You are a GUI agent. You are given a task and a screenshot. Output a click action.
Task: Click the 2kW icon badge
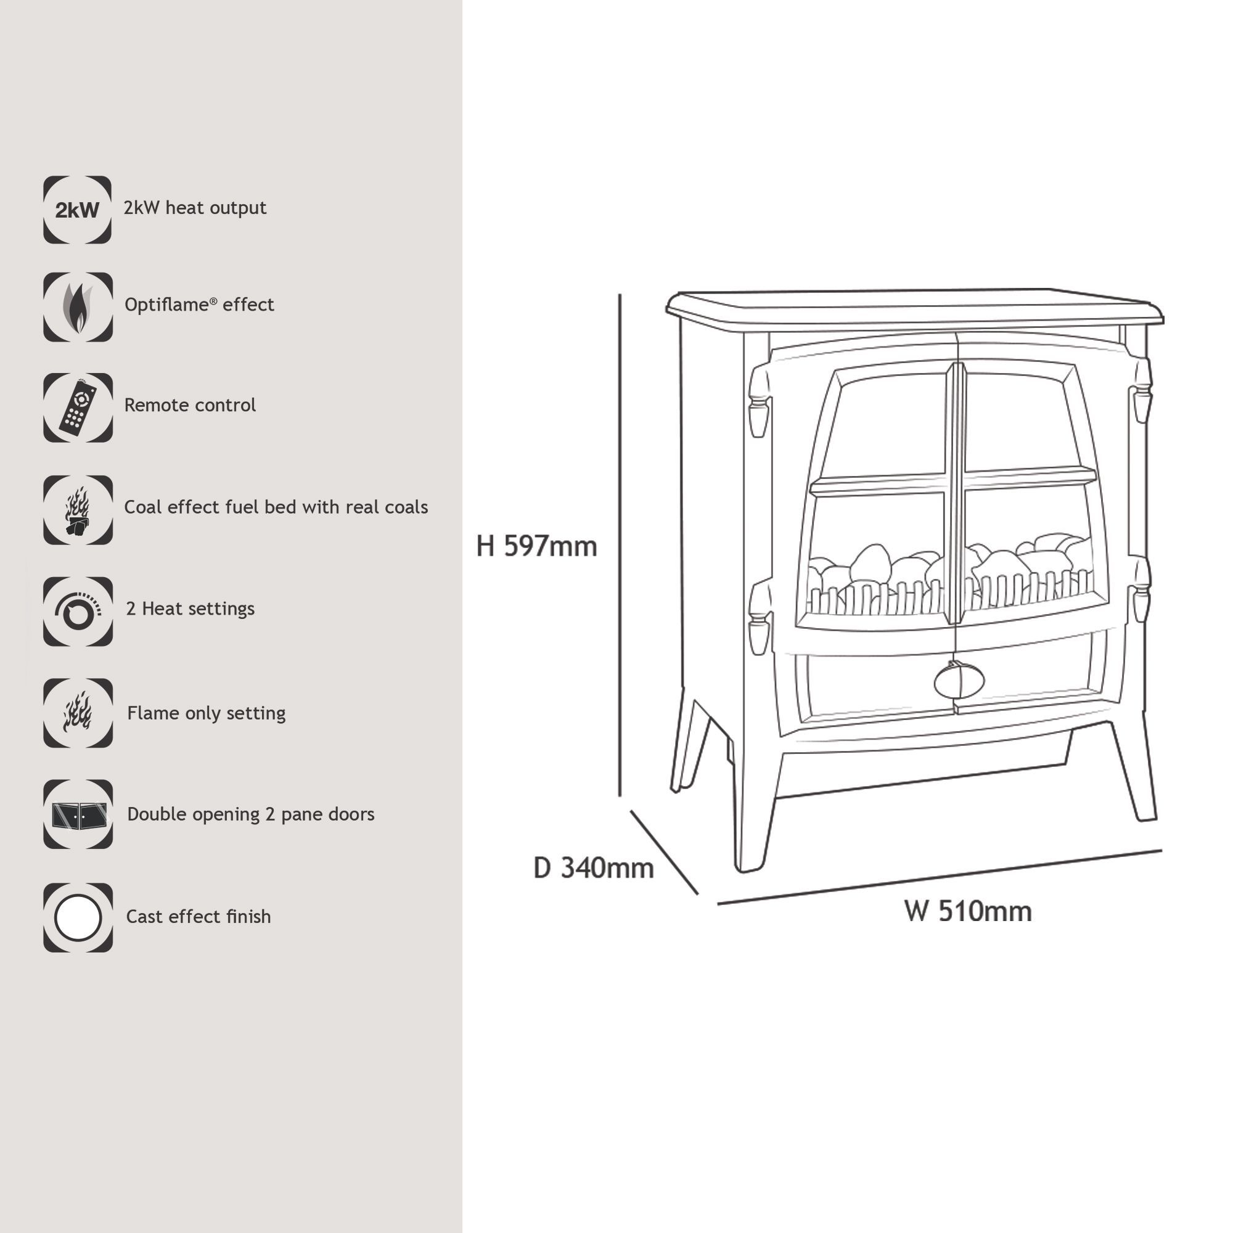tap(77, 210)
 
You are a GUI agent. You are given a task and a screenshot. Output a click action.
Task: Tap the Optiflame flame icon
tap(78, 307)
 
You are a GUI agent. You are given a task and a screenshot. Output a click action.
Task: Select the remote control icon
tap(78, 408)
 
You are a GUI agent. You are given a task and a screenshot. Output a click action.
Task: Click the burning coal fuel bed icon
tap(78, 510)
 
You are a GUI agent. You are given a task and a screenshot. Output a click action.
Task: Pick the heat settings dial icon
tap(78, 612)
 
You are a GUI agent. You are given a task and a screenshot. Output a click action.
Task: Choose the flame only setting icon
tap(78, 713)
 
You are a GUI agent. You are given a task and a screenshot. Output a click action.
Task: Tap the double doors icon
tap(78, 814)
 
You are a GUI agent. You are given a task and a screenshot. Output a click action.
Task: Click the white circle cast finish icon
tap(78, 918)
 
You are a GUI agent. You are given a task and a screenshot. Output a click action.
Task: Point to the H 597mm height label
tap(536, 546)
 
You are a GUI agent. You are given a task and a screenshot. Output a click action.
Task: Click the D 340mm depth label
tap(594, 868)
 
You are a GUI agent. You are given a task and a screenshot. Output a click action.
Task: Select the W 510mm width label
tap(967, 911)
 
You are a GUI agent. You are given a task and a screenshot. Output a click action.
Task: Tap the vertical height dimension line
tap(620, 546)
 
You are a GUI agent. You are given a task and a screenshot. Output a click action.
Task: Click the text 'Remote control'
tap(189, 405)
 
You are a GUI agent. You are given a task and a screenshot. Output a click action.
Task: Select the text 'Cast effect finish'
tap(199, 917)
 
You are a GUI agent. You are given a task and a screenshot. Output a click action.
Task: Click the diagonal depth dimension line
tap(665, 853)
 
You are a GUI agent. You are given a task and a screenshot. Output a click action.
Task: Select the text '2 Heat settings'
tap(190, 609)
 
